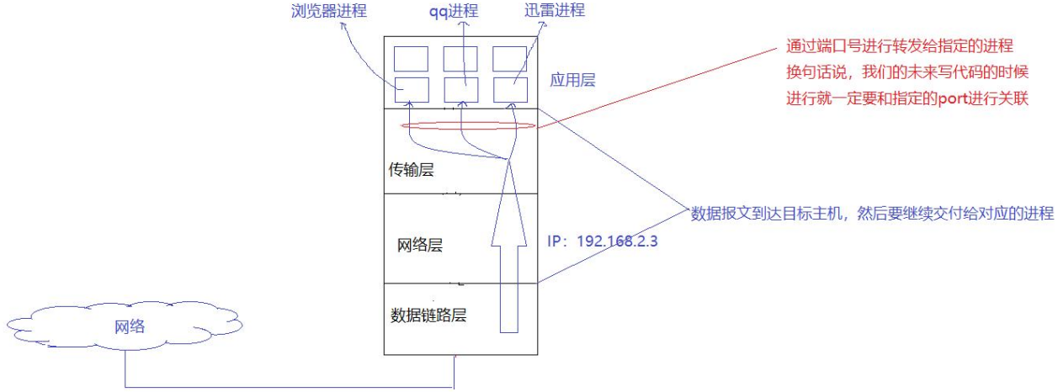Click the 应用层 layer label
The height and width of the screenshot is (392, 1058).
tap(571, 80)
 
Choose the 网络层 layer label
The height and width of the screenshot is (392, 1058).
tap(419, 246)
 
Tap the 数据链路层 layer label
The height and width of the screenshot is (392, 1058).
tap(428, 316)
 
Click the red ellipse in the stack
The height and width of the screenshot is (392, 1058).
tap(468, 126)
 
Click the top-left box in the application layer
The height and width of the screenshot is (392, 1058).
tap(412, 58)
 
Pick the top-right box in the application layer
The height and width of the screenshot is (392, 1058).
tap(510, 58)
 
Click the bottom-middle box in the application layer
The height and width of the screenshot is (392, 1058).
tap(461, 89)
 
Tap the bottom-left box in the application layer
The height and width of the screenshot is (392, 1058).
tap(412, 89)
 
